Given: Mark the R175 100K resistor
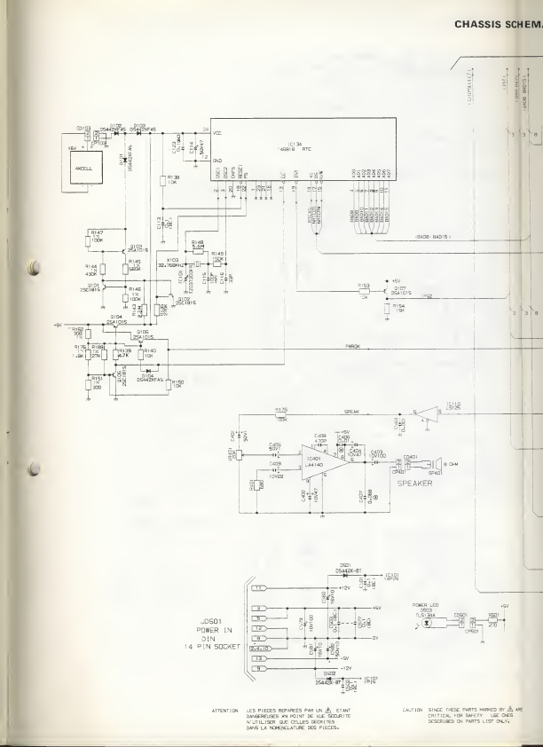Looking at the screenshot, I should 281,413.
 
